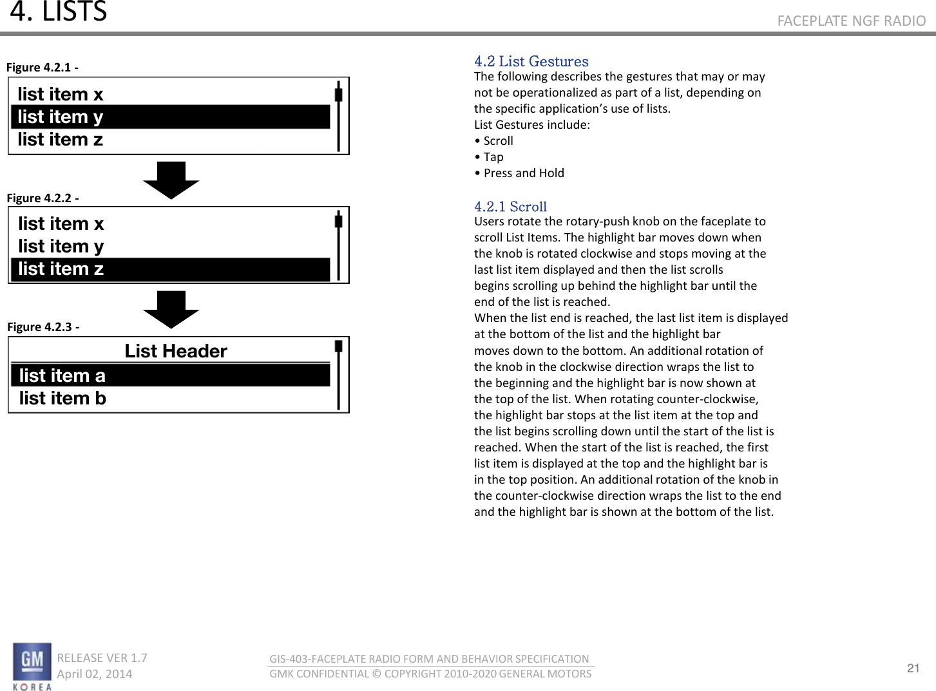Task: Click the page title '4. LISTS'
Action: click(58, 12)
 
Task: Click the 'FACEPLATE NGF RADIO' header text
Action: click(851, 21)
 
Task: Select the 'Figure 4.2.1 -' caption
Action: click(42, 68)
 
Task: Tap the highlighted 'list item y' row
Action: click(171, 117)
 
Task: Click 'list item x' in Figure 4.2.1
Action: click(61, 95)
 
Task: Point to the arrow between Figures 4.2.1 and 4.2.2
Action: click(171, 180)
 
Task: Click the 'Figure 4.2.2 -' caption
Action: click(43, 198)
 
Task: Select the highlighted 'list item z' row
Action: click(171, 269)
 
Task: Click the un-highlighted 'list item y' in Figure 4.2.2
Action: click(61, 247)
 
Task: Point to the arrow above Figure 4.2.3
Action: click(171, 309)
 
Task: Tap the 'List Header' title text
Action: click(176, 351)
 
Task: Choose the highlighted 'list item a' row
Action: click(171, 375)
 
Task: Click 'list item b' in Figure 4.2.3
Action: click(62, 399)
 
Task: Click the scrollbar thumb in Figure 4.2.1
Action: click(338, 94)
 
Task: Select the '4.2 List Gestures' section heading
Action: click(531, 61)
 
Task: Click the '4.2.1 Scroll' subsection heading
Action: click(510, 207)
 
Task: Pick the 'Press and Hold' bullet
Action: click(523, 173)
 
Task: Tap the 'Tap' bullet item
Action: click(493, 157)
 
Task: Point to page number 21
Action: click(913, 668)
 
